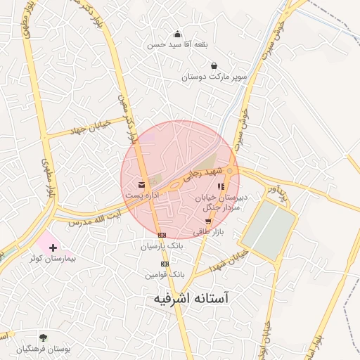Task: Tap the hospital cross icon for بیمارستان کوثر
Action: tap(53, 247)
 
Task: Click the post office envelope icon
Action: tap(133, 186)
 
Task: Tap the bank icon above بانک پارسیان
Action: tap(162, 235)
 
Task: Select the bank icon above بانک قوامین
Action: tap(165, 264)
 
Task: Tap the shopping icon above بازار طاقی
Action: tap(207, 221)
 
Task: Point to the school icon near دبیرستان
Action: tap(221, 187)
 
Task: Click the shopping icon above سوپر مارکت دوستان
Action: tap(214, 66)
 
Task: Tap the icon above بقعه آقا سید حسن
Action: tap(177, 33)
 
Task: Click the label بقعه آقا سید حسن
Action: tap(177, 44)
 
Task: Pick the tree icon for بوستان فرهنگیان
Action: tap(43, 337)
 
